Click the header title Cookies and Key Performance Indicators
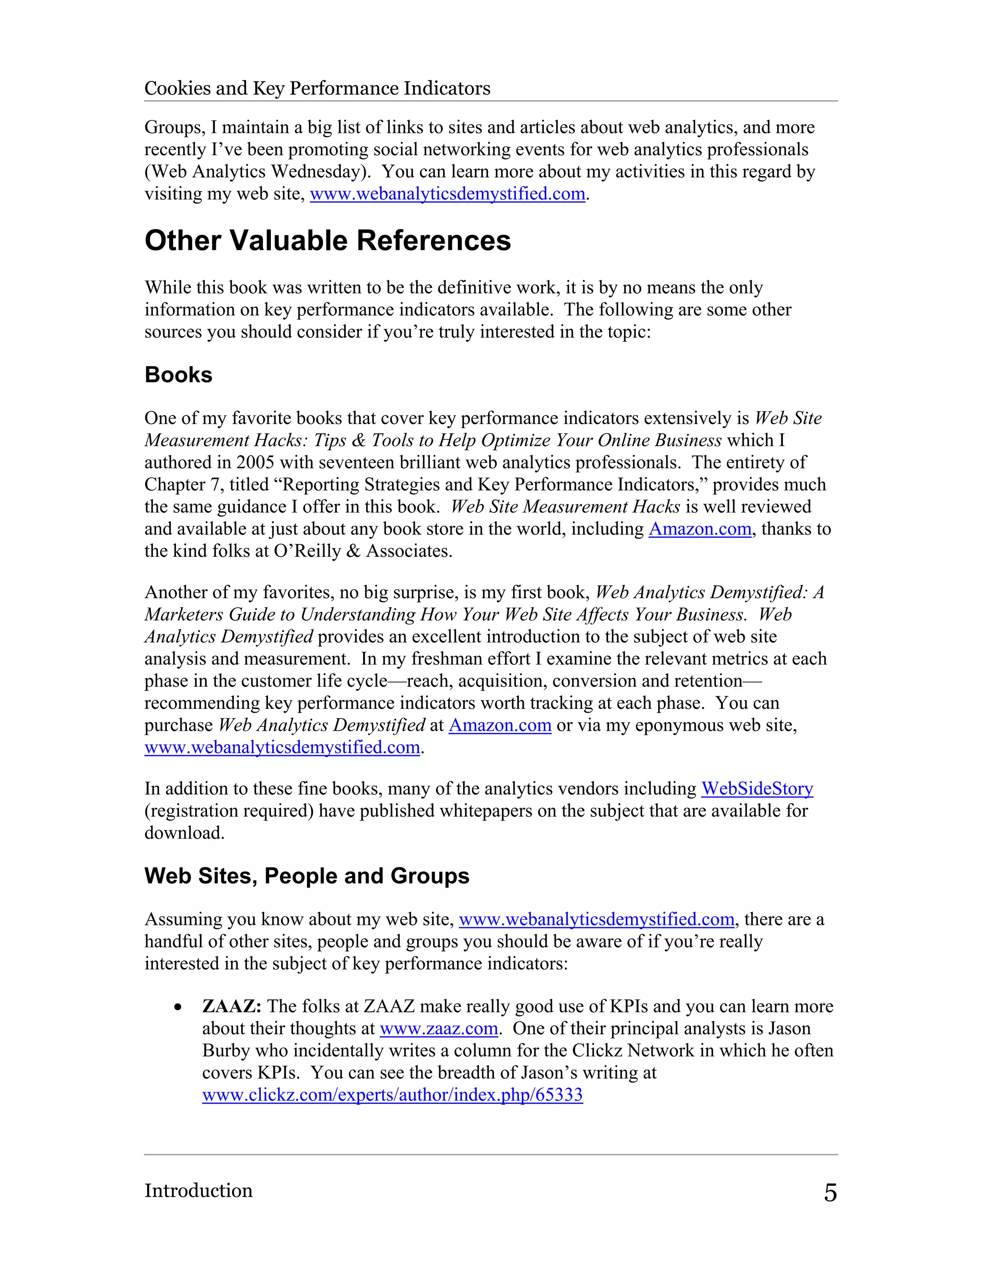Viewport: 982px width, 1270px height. (x=317, y=88)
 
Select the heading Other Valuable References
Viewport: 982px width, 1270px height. (x=327, y=241)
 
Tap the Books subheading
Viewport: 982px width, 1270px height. (x=178, y=375)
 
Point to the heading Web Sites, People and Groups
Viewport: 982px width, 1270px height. (x=306, y=876)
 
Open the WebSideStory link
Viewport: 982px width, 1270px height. (x=757, y=788)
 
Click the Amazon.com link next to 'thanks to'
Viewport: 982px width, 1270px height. (x=700, y=529)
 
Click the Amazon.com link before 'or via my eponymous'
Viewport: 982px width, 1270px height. (x=500, y=725)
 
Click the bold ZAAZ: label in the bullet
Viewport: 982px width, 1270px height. (x=232, y=1006)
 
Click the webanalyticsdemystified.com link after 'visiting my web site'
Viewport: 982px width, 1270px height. (x=447, y=194)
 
